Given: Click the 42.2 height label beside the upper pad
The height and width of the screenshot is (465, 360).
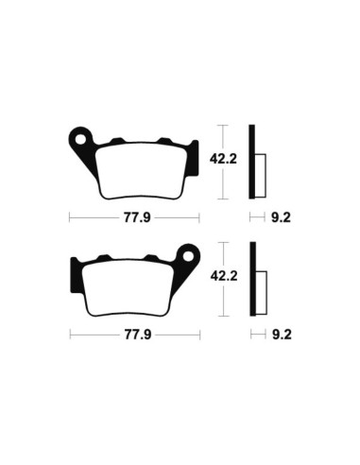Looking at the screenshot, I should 223,161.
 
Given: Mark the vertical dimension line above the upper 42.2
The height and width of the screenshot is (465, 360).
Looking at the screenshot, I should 223,137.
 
